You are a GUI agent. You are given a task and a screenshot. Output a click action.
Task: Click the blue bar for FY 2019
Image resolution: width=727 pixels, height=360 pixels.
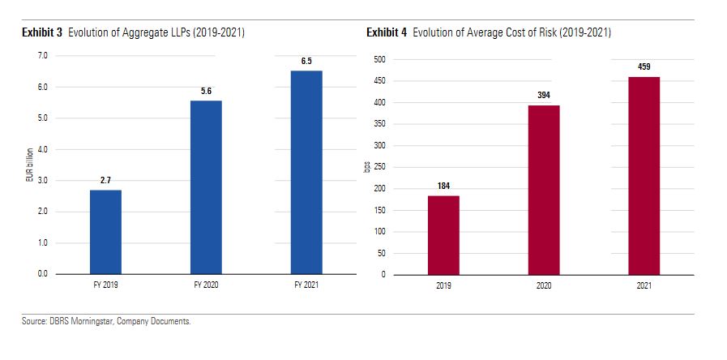coord(105,232)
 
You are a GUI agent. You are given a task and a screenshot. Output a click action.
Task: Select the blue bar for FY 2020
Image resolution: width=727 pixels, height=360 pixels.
coord(206,187)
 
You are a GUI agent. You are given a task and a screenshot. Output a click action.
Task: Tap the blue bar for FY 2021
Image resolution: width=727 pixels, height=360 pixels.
coord(306,172)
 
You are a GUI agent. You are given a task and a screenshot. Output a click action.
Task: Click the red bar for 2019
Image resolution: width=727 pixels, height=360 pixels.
coord(443,235)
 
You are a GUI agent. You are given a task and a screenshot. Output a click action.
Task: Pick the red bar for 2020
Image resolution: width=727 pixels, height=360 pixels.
coord(544,190)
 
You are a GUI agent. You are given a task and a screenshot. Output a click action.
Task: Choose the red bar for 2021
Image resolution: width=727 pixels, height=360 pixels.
coord(644,176)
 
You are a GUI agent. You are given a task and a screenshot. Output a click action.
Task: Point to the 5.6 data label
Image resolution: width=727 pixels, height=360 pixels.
coord(206,92)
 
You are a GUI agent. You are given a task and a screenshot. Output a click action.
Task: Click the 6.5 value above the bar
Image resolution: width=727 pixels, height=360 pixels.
coord(306,62)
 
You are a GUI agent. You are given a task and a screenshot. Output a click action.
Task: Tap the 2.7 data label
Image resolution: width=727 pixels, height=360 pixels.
coord(105,181)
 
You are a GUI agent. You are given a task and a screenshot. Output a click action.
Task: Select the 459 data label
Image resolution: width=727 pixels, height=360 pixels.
coord(644,67)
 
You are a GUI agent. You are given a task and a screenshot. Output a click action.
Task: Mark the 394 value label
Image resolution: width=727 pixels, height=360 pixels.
coord(544,96)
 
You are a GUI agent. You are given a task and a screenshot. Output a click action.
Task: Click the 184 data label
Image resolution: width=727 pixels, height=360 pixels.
coord(443,186)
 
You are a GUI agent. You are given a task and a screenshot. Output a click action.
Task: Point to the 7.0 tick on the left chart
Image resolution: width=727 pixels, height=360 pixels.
coord(43,56)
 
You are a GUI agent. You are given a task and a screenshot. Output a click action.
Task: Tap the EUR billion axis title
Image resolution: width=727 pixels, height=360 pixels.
coord(30,165)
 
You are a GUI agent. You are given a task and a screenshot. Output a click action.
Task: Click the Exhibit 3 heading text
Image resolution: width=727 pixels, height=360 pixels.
coord(42,33)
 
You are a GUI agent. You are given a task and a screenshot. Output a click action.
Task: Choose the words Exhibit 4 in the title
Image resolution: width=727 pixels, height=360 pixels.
coord(387,33)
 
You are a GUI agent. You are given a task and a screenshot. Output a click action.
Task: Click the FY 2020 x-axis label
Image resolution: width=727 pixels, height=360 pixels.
coord(206,286)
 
